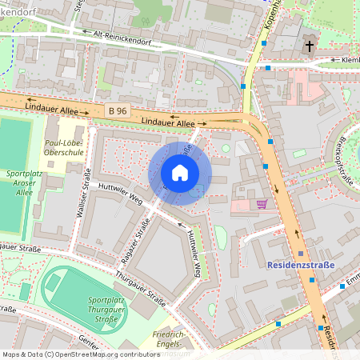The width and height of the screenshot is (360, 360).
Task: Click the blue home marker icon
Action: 180,173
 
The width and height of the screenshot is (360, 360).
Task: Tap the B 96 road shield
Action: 117,110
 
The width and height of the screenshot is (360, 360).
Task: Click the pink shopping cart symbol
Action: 262,204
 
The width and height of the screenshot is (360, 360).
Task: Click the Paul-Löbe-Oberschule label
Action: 62,150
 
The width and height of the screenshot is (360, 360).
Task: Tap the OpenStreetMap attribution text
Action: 81,354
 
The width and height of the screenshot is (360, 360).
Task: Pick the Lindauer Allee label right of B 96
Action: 167,122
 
